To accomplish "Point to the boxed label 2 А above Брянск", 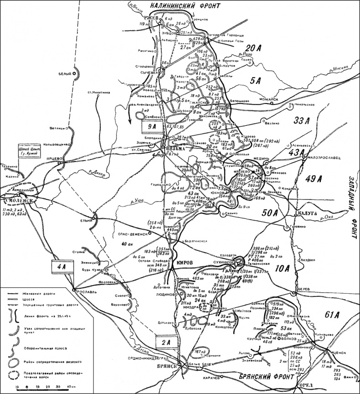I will tap(166, 341).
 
